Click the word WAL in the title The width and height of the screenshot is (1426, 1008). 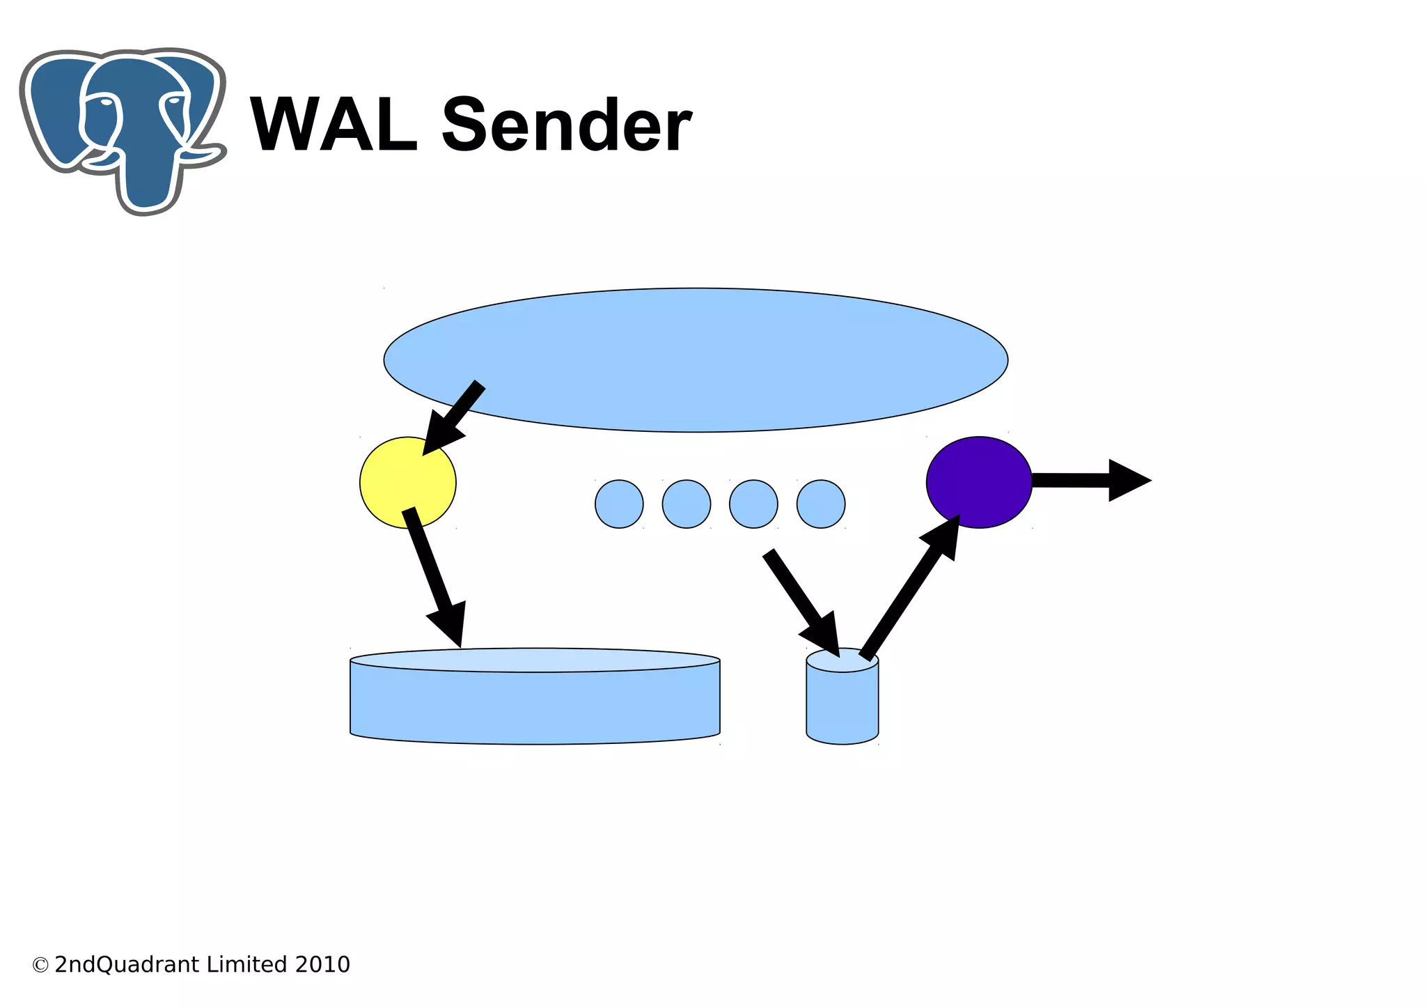[x=333, y=125]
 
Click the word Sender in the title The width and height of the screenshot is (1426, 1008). [x=566, y=125]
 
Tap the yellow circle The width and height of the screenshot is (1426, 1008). [x=407, y=482]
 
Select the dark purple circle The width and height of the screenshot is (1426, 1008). [x=978, y=482]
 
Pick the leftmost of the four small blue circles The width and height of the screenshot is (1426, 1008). [x=619, y=504]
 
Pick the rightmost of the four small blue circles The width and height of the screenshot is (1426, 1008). [x=821, y=504]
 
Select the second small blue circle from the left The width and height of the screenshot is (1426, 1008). [x=687, y=504]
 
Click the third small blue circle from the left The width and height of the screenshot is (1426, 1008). [x=753, y=504]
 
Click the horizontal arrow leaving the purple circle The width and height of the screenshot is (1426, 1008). [x=1086, y=480]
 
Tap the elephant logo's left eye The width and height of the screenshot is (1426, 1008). [x=104, y=102]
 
